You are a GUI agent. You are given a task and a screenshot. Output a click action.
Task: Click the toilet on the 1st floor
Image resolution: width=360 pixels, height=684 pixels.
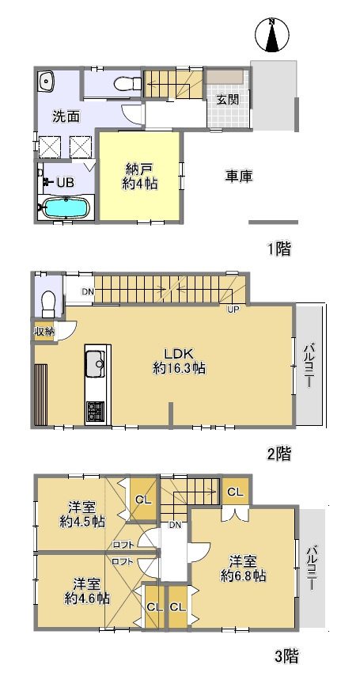pos(123,83)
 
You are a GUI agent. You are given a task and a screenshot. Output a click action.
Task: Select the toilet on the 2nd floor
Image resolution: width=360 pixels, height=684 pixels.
pos(47,302)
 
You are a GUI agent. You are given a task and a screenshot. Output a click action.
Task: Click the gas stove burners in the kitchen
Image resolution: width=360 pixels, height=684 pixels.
pos(95,411)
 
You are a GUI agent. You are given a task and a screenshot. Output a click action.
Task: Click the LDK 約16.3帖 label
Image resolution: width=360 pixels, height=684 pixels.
pos(180,360)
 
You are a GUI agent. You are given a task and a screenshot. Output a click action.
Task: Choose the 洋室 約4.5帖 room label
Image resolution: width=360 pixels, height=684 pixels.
pos(81,514)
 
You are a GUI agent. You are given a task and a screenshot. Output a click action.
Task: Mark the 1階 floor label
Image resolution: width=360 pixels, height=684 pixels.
pos(278,249)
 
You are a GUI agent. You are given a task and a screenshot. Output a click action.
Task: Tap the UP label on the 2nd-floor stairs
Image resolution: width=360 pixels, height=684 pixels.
pos(234,309)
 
